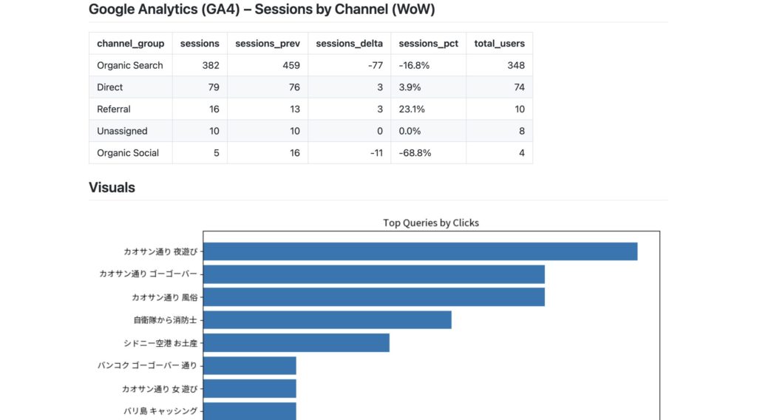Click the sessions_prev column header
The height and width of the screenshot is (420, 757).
(x=268, y=44)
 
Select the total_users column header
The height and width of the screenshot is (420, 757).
(x=500, y=44)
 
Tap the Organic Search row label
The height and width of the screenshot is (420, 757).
(x=130, y=65)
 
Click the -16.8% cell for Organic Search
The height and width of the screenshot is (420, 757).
(x=414, y=65)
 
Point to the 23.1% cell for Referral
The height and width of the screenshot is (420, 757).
(x=411, y=109)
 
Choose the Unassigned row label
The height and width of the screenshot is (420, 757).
(x=122, y=131)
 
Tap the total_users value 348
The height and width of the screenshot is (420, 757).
(x=516, y=65)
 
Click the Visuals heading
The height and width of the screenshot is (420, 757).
(x=112, y=187)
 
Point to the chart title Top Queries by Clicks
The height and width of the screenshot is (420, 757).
(x=431, y=223)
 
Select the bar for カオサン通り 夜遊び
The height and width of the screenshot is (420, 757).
(x=420, y=251)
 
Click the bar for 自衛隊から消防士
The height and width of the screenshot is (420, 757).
(x=327, y=319)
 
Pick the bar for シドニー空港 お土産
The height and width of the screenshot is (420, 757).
(x=296, y=342)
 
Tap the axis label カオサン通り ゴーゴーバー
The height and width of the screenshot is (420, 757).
(x=149, y=274)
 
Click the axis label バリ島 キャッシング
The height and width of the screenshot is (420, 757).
(x=160, y=411)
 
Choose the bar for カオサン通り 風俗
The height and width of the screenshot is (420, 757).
(x=373, y=297)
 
